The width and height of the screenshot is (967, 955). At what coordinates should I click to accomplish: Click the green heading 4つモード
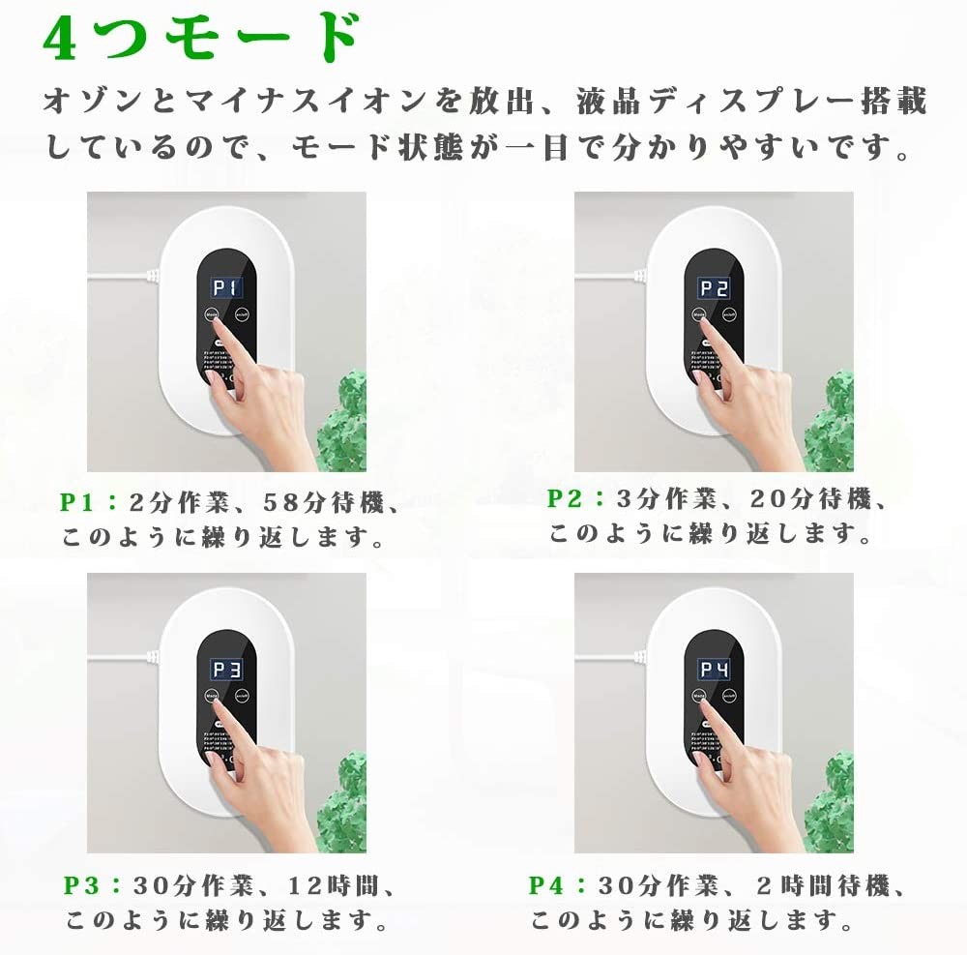click(200, 38)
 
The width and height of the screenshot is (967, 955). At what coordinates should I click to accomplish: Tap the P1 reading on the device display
click(228, 288)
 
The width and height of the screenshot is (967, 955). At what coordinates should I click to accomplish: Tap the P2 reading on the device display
click(715, 288)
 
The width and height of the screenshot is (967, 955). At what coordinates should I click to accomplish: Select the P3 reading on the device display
click(228, 670)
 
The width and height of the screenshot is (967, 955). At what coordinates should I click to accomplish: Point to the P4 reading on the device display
click(715, 670)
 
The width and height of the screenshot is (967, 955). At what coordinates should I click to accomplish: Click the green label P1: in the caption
click(88, 501)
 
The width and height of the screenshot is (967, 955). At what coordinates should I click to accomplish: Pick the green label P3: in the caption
click(93, 884)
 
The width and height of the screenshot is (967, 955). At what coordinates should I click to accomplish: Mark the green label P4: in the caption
click(557, 884)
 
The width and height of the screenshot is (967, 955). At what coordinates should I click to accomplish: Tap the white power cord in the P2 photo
click(609, 276)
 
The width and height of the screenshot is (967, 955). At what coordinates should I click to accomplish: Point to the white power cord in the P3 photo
click(122, 657)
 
